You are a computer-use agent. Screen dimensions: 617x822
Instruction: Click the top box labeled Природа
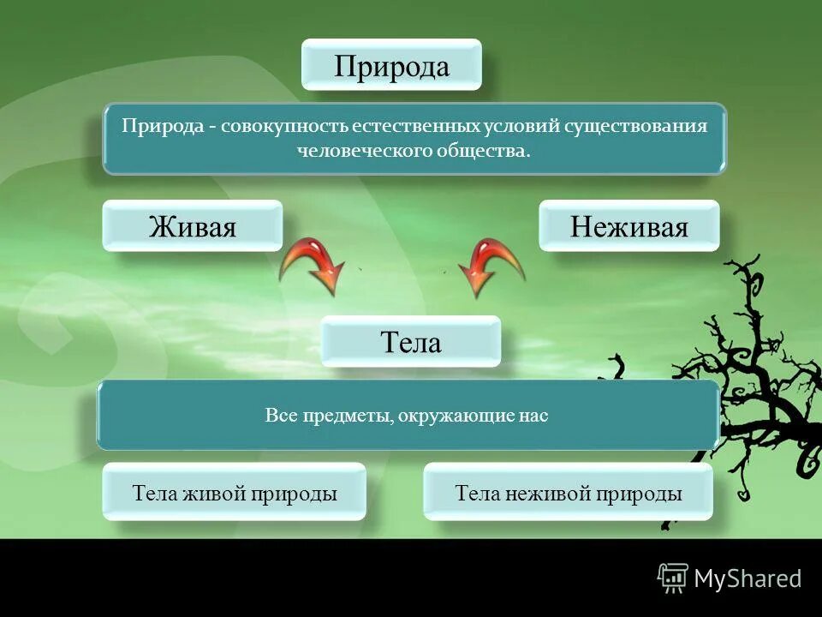(391, 65)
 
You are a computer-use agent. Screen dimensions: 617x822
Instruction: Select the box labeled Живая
(192, 226)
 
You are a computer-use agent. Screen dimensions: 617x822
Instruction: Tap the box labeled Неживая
(628, 226)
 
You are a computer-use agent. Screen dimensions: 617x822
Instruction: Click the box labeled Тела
(410, 342)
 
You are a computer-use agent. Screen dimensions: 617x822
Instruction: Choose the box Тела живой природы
(234, 493)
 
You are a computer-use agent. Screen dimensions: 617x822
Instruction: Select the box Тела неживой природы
(569, 493)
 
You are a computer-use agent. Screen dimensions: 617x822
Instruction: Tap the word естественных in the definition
(406, 126)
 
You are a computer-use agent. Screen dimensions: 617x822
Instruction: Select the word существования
(635, 126)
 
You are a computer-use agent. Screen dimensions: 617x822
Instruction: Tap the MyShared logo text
(748, 579)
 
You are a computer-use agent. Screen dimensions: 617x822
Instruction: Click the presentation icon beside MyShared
(672, 578)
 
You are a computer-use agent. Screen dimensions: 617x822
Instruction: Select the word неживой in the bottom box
(545, 493)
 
